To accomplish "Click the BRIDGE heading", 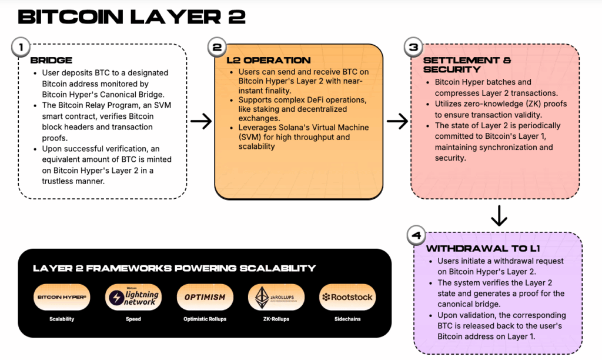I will coord(51,61).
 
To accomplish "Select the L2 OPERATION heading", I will coord(268,61).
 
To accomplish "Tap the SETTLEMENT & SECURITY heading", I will coord(467,65).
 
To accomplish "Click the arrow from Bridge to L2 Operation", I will coord(201,122).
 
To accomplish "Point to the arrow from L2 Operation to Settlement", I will coord(397,122).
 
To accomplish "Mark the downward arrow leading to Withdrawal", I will coord(499,216).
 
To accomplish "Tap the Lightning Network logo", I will coord(133,297).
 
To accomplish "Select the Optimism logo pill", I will coord(205,297).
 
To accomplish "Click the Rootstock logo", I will coord(347,297).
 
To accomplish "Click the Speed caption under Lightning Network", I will coord(133,319).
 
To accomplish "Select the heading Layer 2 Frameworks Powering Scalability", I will coord(174,268).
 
